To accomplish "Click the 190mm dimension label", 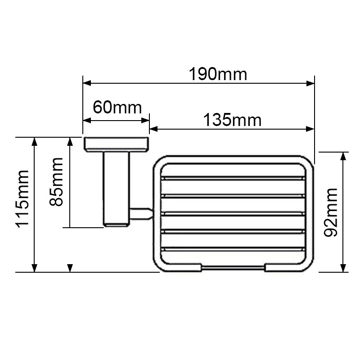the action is pos(218,74).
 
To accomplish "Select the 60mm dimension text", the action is pos(117,107).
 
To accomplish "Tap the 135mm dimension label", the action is pos(232,120).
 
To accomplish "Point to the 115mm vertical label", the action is pos(22,199).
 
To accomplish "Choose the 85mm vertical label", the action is pos(56,182).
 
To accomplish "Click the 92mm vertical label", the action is pos(331,212).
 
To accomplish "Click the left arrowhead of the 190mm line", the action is pos(87,83).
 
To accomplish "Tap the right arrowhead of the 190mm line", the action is pos(310,83).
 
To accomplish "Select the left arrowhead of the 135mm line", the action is pos(153,129).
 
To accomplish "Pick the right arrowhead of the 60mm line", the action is pos(145,120).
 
